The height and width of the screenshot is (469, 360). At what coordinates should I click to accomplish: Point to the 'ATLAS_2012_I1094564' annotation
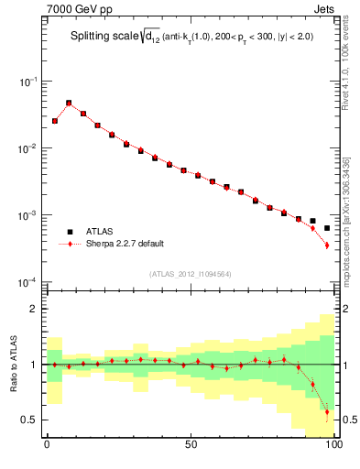[x=190, y=273]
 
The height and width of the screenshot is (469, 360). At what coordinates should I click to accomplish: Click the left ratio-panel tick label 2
[x=33, y=309]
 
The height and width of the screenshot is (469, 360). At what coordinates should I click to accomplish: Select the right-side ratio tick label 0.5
[x=347, y=420]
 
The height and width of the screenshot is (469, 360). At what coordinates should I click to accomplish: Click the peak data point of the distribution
[x=69, y=104]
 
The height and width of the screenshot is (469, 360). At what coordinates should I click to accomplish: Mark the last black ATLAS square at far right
[x=326, y=228]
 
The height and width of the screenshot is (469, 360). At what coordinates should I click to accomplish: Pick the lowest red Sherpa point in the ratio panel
[x=326, y=412]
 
